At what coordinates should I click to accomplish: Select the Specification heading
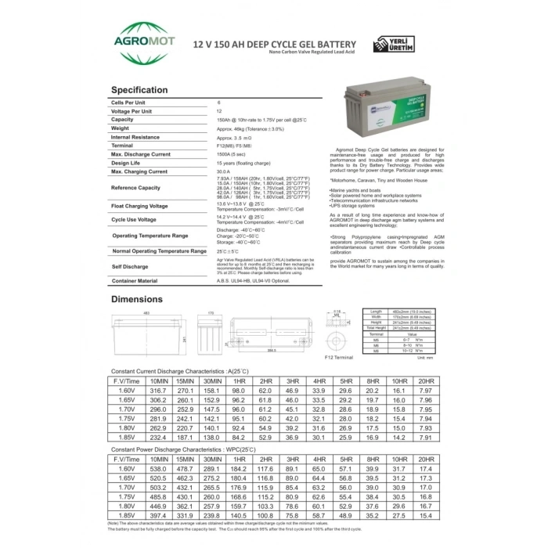(139, 90)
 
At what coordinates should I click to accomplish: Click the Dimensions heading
(137, 299)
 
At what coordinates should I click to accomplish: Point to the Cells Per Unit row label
(130, 103)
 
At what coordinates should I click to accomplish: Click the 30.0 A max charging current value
(224, 171)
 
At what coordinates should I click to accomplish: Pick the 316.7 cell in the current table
(159, 389)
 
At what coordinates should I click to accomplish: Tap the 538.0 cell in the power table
(159, 468)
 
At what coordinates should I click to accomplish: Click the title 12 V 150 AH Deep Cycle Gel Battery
(274, 45)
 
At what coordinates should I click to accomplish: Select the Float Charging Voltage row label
(139, 206)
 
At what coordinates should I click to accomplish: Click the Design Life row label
(126, 163)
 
